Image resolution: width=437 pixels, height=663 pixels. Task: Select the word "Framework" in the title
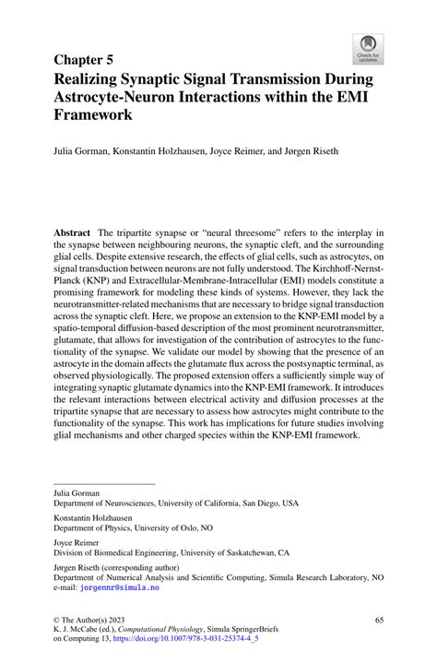tap(92, 116)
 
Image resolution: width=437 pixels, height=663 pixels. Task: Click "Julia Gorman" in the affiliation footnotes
tap(77, 494)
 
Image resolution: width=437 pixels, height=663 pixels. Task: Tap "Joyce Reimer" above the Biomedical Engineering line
tap(77, 543)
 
